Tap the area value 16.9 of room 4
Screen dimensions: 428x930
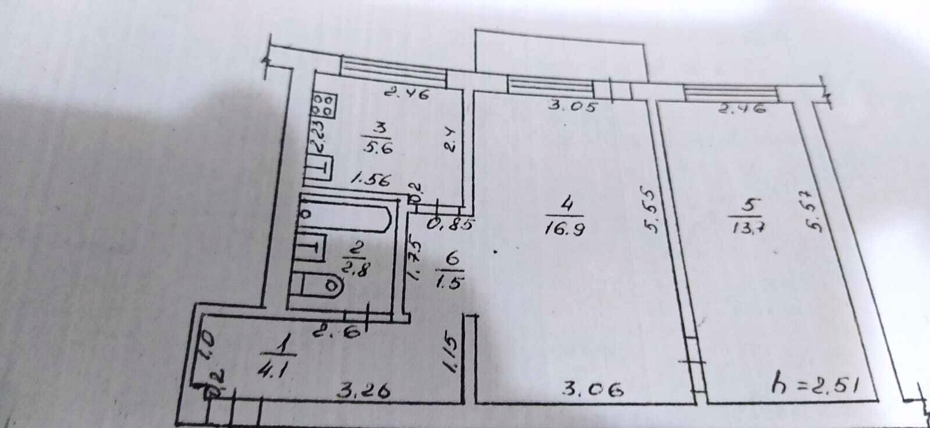click(564, 228)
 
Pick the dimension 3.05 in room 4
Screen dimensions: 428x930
click(572, 107)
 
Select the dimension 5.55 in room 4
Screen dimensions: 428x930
click(652, 210)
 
